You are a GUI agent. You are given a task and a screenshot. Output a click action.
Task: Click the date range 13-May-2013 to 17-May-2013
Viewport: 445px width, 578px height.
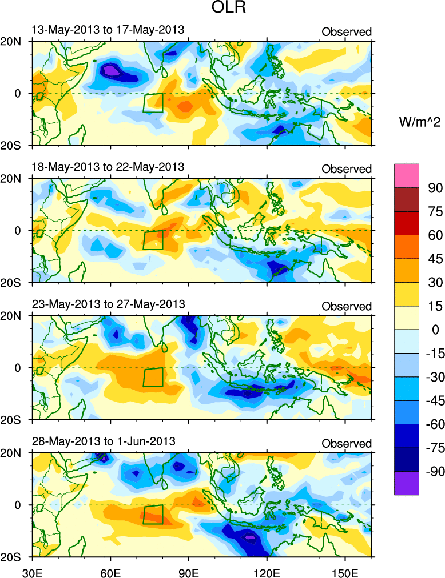pos(108,30)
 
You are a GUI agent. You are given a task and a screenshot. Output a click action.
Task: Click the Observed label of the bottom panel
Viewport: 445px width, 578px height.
pos(347,443)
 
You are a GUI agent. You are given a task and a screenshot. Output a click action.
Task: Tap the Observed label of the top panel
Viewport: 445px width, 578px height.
pos(347,32)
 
